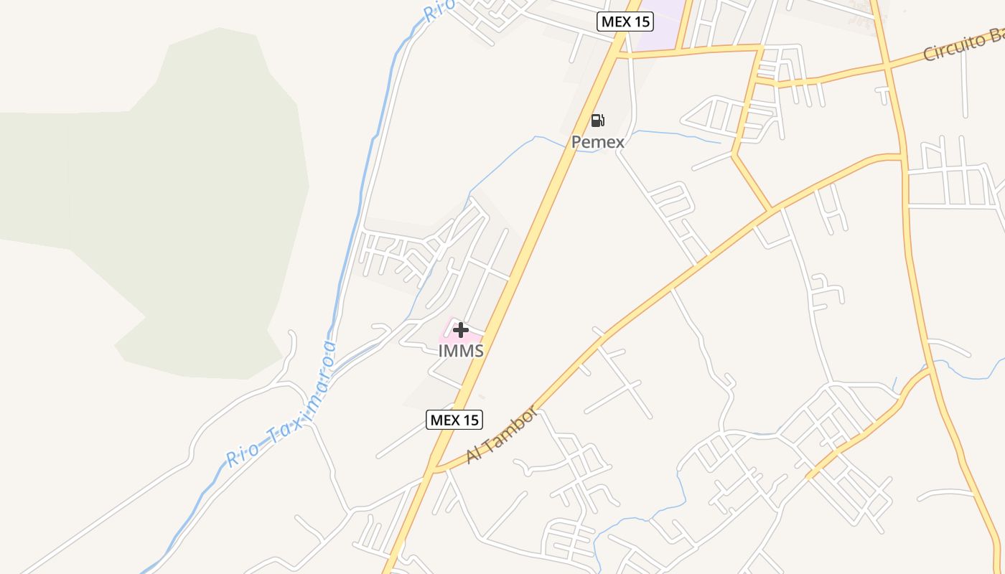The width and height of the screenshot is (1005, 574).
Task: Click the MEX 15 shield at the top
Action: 625,22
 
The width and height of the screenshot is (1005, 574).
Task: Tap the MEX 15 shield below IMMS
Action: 454,420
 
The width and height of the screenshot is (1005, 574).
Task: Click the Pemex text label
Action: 598,142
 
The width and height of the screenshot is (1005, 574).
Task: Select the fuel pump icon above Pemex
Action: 597,120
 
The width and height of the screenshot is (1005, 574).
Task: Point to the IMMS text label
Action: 461,351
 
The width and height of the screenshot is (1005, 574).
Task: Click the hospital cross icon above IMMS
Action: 461,330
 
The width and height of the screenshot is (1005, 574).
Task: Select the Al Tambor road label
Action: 501,435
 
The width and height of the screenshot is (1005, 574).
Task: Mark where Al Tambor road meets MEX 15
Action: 433,471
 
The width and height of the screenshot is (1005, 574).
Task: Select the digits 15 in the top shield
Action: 640,22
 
